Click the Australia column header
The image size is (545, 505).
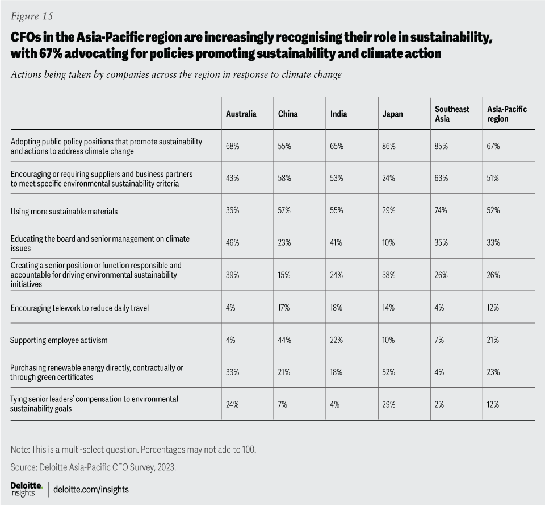[241, 114]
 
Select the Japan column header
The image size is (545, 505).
[392, 114]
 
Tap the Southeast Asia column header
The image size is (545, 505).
[452, 114]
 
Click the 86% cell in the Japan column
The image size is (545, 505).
[389, 146]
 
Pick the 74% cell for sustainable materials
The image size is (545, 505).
[441, 211]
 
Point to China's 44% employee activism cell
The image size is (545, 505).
[284, 340]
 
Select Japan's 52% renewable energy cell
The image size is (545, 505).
[389, 372]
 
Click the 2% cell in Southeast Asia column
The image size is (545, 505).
[439, 404]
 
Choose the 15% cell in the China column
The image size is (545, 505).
[284, 275]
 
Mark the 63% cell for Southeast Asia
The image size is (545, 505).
[441, 179]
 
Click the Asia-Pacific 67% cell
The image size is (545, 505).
[493, 146]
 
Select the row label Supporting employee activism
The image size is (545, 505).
[58, 340]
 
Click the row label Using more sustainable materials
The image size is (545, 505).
[64, 211]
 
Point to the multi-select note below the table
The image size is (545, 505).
[133, 450]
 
